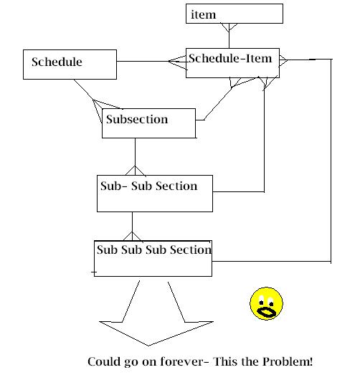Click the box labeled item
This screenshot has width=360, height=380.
235,14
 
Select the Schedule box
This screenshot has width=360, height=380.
70,65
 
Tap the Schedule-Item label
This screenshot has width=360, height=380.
230,58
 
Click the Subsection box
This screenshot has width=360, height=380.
148,123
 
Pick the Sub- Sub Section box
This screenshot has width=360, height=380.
155,194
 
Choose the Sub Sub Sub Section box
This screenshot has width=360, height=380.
153,258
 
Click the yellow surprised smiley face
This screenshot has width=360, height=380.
266,303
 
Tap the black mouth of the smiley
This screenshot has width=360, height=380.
266,312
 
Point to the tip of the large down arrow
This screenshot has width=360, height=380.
148,346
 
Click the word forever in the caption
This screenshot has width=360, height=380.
182,361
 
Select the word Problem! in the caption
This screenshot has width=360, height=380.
288,361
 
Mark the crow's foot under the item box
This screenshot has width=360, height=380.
229,27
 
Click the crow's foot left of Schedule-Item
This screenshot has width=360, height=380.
178,62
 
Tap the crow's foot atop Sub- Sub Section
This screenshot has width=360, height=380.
136,171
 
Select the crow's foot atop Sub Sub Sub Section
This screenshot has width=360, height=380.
133,237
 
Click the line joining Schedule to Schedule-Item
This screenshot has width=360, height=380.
143,61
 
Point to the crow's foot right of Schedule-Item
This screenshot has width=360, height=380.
283,60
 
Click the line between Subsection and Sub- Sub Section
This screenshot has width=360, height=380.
135,152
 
